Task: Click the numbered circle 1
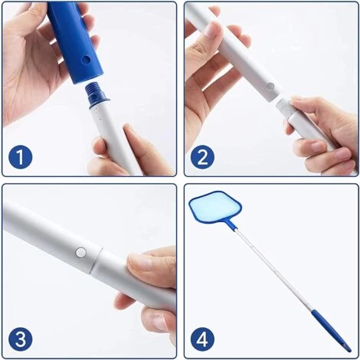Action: pos(20,157)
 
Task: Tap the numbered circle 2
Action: pos(202,157)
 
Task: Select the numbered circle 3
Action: pos(20,339)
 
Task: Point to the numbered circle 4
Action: pos(202,339)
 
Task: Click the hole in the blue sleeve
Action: pos(86,61)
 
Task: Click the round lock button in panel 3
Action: pos(80,253)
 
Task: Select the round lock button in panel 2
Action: pos(270,87)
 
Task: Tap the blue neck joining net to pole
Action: pos(231,224)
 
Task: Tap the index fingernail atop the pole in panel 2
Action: pos(212,29)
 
